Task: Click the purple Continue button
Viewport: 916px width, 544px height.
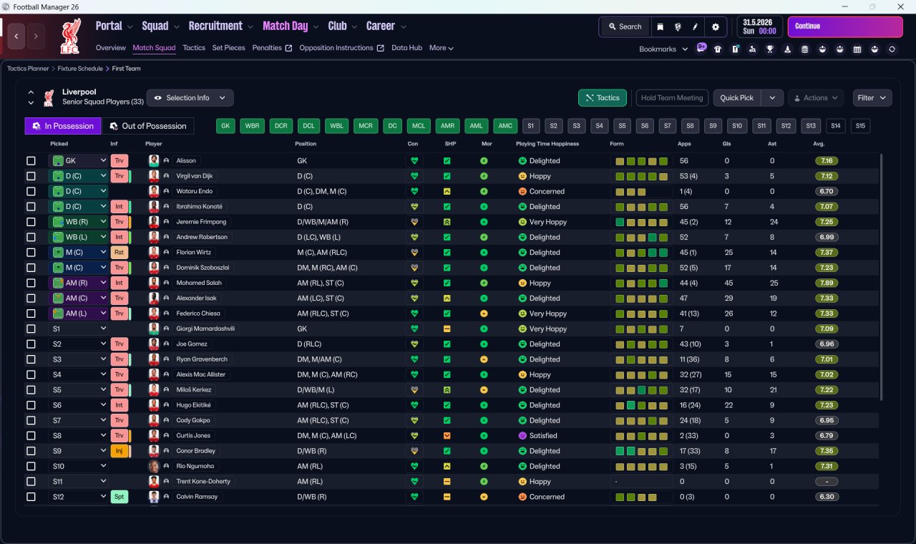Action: [x=845, y=26]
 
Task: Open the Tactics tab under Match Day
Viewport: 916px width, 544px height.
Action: [x=194, y=48]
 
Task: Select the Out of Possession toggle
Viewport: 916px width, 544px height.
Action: [x=147, y=126]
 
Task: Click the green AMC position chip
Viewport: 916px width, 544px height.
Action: [x=505, y=126]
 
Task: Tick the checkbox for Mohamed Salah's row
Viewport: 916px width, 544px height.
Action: [x=31, y=283]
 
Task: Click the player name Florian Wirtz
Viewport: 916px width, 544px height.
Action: [x=193, y=253]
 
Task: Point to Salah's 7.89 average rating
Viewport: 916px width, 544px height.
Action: [x=827, y=283]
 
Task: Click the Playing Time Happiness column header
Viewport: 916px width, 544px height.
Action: [x=547, y=144]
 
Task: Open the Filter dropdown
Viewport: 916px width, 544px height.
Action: [x=872, y=98]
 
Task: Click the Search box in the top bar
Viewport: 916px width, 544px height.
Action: [x=625, y=26]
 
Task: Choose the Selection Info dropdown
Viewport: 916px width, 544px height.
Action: [x=190, y=98]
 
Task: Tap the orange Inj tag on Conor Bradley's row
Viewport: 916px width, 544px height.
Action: [x=119, y=451]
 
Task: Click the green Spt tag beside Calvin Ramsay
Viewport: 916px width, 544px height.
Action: [x=119, y=497]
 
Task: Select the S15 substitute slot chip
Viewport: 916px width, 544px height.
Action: [x=860, y=126]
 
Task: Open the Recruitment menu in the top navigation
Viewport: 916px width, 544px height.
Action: [x=215, y=26]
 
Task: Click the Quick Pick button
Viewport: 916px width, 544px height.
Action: [x=736, y=98]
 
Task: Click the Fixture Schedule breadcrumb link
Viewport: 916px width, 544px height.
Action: [x=80, y=69]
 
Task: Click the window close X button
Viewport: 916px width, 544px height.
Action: [x=901, y=6]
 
